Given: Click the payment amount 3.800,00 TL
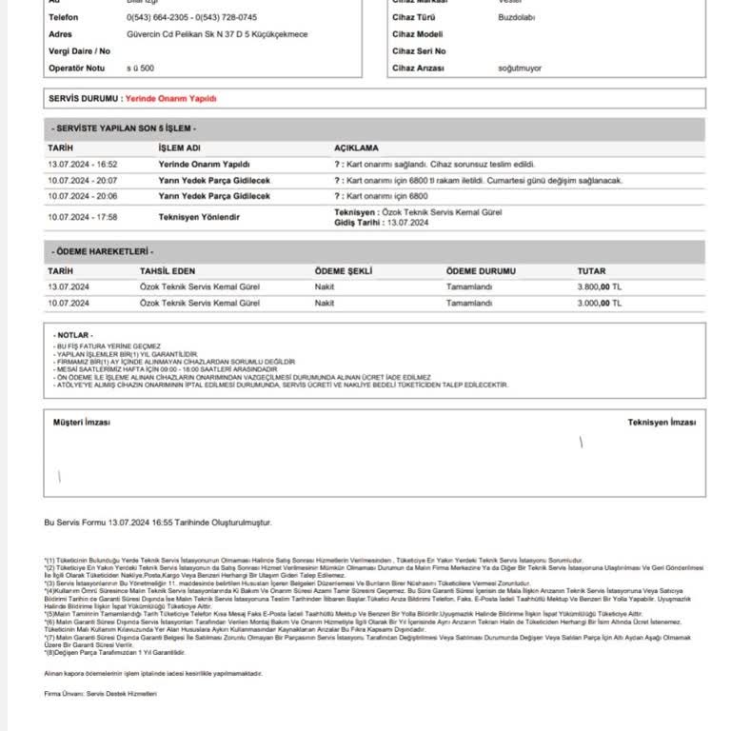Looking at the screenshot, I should pyautogui.click(x=599, y=286).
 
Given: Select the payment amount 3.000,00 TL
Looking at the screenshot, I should pyautogui.click(x=599, y=303).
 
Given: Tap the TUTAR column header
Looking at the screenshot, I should pyautogui.click(x=591, y=271).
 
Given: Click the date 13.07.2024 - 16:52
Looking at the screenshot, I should pyautogui.click(x=82, y=164).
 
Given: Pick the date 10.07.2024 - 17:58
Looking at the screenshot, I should pyautogui.click(x=82, y=217).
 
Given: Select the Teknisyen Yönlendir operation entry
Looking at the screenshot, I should pyautogui.click(x=198, y=217).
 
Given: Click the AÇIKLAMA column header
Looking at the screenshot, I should pyautogui.click(x=356, y=148).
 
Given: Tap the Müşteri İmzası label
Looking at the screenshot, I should pyautogui.click(x=82, y=422).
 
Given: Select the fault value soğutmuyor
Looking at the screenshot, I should pyautogui.click(x=520, y=69).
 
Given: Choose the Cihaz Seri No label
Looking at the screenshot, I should pyautogui.click(x=419, y=51).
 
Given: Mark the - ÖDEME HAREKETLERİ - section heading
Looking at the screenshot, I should pyautogui.click(x=103, y=252).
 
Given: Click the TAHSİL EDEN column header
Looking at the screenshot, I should pyautogui.click(x=168, y=271).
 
